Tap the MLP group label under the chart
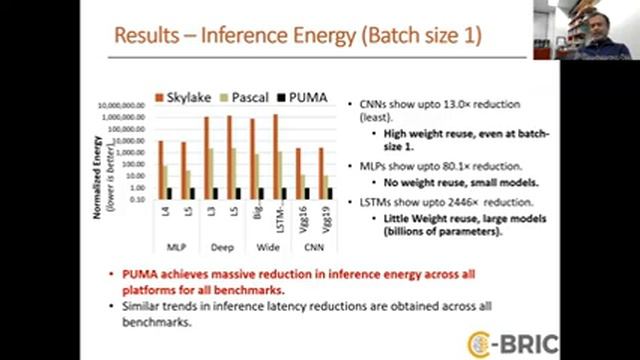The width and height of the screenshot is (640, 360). pos(173,246)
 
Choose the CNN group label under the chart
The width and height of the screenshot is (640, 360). pos(314,246)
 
